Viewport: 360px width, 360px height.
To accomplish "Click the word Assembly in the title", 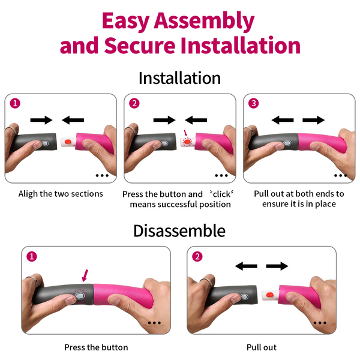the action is click(204, 22).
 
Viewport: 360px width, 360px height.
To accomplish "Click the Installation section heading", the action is click(179, 78).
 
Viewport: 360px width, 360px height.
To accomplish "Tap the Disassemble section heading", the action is click(179, 231).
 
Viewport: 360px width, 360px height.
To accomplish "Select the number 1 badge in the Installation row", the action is click(15, 103).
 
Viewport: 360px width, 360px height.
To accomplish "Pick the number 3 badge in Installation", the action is click(254, 103).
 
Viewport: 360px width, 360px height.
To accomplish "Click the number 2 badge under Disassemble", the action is click(197, 256).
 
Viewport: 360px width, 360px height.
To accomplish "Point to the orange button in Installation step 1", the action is click(67, 142).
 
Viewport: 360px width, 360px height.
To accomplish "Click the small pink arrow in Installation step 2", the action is click(185, 133).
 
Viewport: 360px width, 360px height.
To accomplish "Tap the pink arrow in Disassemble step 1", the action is click(85, 275).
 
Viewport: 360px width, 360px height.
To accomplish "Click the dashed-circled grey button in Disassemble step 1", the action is click(79, 295).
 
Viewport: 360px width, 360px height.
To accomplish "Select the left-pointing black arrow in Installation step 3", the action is click(283, 120).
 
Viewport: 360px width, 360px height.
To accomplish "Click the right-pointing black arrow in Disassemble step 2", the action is click(277, 266).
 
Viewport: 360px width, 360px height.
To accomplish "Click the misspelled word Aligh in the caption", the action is click(28, 194).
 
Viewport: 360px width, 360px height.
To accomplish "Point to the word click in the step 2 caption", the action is click(221, 194).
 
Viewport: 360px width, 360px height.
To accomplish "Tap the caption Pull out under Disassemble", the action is click(262, 347).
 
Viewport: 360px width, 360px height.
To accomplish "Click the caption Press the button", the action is click(96, 347).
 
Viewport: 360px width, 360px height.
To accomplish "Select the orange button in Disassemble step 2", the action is click(269, 294).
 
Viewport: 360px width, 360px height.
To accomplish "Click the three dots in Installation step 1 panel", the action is click(102, 176).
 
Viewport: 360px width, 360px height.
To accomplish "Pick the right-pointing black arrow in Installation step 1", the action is click(41, 120).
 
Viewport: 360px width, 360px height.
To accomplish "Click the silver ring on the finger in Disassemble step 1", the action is click(33, 280).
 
